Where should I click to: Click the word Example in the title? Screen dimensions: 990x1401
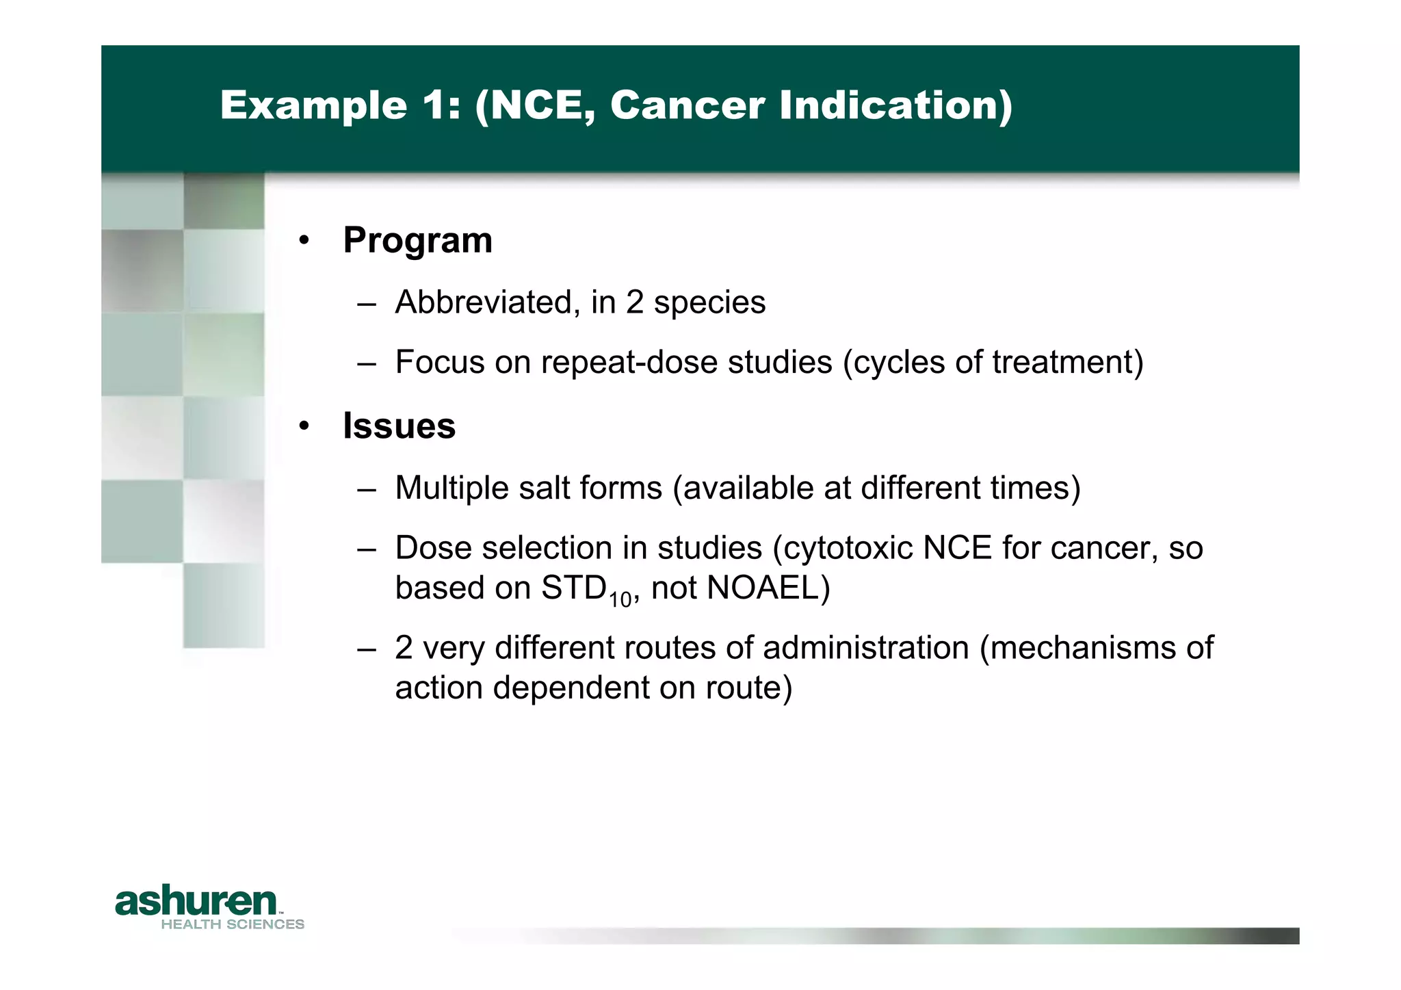313,106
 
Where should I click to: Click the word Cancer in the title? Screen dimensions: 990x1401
687,106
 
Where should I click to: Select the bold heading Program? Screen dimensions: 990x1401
417,241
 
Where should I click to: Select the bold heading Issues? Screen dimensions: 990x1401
399,426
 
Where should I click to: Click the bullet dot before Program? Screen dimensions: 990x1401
304,241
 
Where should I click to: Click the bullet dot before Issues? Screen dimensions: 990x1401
304,426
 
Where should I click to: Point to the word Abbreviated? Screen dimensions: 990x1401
483,302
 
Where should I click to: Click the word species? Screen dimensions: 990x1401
709,302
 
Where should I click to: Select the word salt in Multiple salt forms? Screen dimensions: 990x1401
545,489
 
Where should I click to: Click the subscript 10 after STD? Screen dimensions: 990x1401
620,600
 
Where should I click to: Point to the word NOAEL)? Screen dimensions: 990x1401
768,588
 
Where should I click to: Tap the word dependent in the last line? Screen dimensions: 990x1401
571,688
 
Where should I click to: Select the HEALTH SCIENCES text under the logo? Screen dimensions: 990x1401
233,924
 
